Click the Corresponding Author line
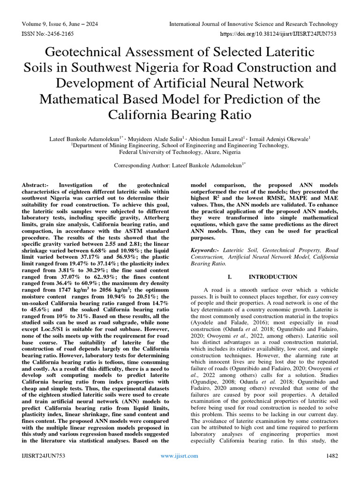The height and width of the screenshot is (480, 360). (x=180, y=165)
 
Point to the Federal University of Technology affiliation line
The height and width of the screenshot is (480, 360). (x=180, y=152)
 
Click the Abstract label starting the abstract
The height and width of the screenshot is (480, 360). (x=36, y=186)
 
